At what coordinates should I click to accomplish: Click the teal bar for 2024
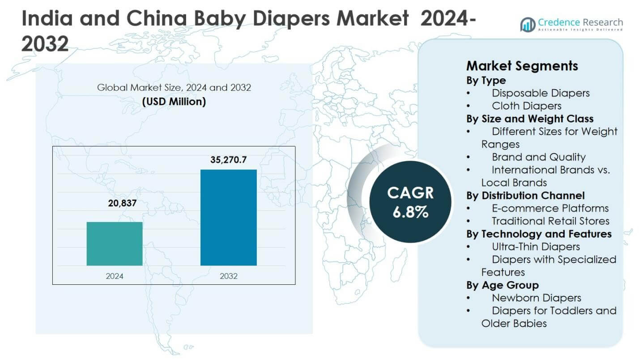click(115, 244)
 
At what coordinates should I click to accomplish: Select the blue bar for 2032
click(228, 218)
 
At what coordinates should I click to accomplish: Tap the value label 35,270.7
click(228, 160)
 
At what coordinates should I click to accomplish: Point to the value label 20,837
click(122, 203)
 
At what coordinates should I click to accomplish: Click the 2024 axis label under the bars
click(115, 276)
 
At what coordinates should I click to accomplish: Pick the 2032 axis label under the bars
click(228, 276)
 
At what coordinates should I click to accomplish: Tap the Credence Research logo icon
click(528, 24)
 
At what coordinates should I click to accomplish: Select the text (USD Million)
click(174, 102)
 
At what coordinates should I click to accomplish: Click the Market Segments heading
click(522, 66)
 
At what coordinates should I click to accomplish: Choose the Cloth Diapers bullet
click(526, 106)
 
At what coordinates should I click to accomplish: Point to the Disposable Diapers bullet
click(540, 93)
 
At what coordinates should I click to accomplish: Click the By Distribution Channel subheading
click(525, 195)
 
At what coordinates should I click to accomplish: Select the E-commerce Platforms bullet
click(550, 208)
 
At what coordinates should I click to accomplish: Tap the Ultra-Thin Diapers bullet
click(535, 246)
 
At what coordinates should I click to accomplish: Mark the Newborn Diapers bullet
click(536, 297)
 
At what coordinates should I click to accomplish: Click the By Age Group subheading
click(502, 285)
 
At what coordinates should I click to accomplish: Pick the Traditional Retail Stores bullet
click(550, 221)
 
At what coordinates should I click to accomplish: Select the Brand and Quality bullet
click(538, 157)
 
